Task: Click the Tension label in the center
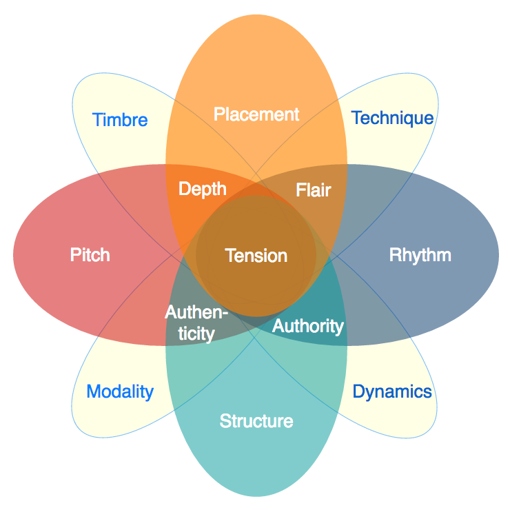[x=256, y=256]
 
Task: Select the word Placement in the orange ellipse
[x=256, y=114]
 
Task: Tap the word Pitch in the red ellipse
[x=90, y=255]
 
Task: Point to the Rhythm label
[x=420, y=255]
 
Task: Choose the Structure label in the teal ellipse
[x=256, y=420]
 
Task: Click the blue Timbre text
[x=120, y=120]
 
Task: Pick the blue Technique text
[x=392, y=118]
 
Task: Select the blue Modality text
[x=120, y=392]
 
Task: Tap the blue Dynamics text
[x=392, y=392]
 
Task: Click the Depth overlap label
[x=203, y=188]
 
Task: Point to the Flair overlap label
[x=314, y=190]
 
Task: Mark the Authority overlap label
[x=307, y=325]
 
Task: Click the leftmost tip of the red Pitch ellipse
[x=14, y=255]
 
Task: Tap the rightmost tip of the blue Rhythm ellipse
[x=498, y=255]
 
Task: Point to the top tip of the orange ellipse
[x=256, y=14]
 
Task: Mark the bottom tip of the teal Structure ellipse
[x=256, y=496]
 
